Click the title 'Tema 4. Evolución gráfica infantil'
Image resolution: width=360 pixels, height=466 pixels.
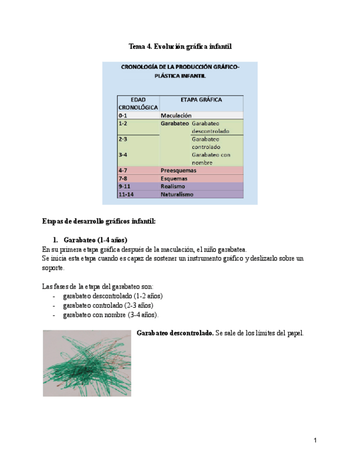click(x=180, y=47)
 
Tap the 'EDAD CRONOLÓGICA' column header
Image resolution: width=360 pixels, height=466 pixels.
click(x=137, y=103)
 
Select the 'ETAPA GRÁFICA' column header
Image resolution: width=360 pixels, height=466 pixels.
click(x=201, y=100)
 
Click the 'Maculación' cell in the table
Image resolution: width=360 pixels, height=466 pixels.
click(x=176, y=116)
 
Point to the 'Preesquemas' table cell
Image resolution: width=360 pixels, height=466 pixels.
click(x=179, y=170)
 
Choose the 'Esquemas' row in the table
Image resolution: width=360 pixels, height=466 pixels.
click(x=174, y=179)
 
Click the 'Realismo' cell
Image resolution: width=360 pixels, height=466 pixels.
click(x=173, y=186)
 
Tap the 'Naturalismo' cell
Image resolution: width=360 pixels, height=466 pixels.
click(x=177, y=194)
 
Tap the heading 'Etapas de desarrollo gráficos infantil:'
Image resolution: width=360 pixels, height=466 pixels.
click(x=99, y=221)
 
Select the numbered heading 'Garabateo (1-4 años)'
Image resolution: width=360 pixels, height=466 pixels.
click(x=96, y=240)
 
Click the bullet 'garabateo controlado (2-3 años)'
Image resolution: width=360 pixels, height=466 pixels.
click(x=108, y=305)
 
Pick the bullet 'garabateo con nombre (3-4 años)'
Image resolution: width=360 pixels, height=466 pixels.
click(x=110, y=315)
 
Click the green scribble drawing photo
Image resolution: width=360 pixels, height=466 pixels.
click(x=87, y=363)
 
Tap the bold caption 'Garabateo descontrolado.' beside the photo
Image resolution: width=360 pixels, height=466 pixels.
click(x=175, y=334)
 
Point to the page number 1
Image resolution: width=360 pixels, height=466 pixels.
click(x=315, y=440)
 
